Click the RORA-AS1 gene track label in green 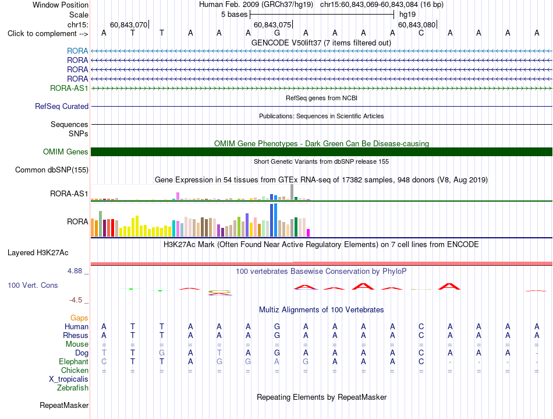(x=69, y=88)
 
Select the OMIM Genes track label (x=66, y=152)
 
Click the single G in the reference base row (x=277, y=33)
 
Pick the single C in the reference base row (x=421, y=33)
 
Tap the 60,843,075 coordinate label (x=272, y=24)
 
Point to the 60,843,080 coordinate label (x=417, y=24)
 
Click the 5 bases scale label (x=235, y=15)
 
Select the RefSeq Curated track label (x=62, y=106)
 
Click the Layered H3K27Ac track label (x=38, y=253)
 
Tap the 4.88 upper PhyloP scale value (x=75, y=271)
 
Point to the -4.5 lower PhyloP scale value (x=76, y=300)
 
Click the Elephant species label (x=74, y=362)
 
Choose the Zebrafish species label (x=73, y=388)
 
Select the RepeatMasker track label (x=64, y=405)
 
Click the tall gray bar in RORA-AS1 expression (x=292, y=192)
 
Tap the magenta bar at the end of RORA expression (x=309, y=233)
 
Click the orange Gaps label (x=79, y=318)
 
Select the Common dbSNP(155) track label (x=52, y=170)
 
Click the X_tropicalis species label (x=69, y=379)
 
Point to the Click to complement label (x=48, y=34)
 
